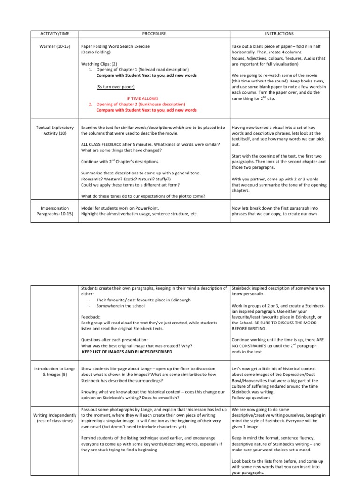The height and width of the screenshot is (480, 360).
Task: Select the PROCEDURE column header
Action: click(154, 34)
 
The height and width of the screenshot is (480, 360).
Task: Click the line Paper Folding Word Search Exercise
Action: click(122, 47)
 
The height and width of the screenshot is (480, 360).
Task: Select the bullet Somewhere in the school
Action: click(120, 306)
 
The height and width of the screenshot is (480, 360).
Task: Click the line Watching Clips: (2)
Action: click(99, 64)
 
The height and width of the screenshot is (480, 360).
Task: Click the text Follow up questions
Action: click(251, 397)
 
